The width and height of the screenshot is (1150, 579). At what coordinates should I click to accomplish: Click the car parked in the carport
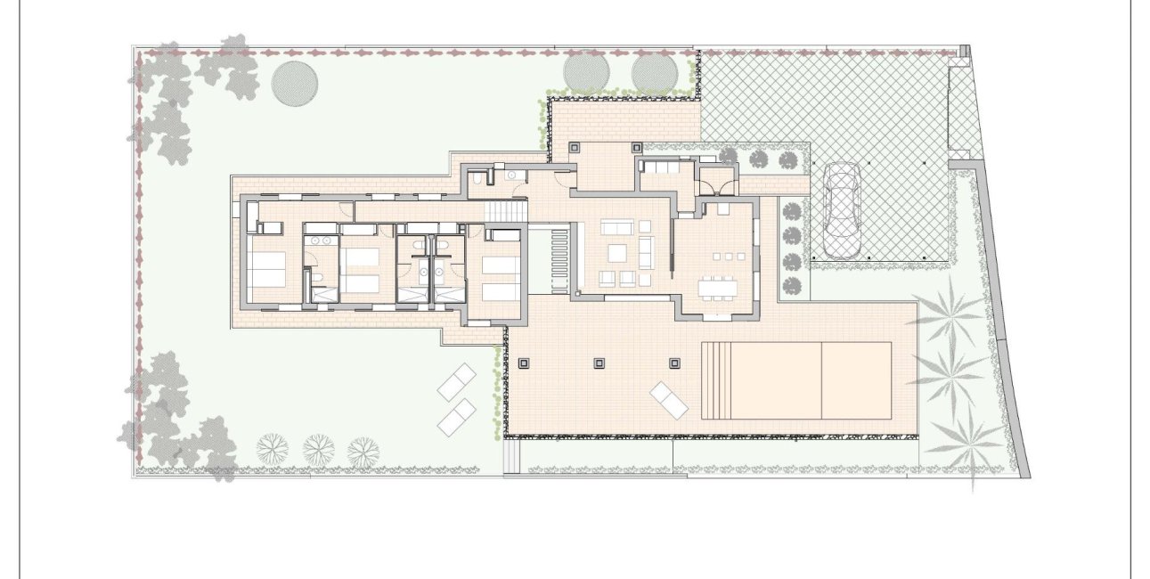pyautogui.click(x=841, y=209)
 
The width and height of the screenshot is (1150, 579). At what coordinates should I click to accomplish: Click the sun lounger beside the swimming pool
pyautogui.click(x=669, y=400)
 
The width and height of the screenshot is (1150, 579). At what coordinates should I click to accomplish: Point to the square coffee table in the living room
pyautogui.click(x=618, y=252)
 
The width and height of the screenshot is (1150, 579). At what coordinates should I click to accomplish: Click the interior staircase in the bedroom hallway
pyautogui.click(x=505, y=213)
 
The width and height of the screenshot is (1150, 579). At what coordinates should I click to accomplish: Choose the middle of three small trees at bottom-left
pyautogui.click(x=318, y=448)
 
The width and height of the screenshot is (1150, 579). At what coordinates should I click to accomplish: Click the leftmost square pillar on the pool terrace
pyautogui.click(x=523, y=363)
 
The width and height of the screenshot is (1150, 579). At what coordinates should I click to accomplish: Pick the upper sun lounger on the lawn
pyautogui.click(x=458, y=383)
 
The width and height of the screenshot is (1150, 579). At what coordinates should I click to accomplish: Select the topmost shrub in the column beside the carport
pyautogui.click(x=790, y=211)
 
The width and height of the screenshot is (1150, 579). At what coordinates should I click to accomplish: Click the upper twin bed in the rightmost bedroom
pyautogui.click(x=499, y=265)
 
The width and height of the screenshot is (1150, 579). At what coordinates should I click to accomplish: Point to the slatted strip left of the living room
pyautogui.click(x=559, y=258)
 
